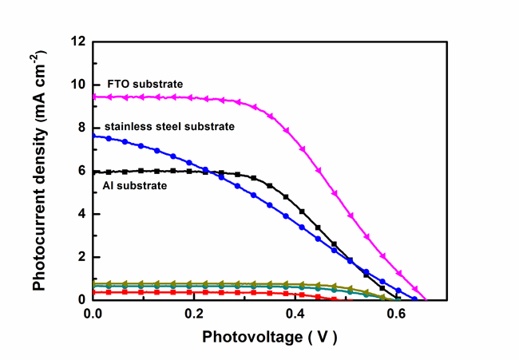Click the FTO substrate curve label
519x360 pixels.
[x=145, y=84]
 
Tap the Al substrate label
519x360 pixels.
[x=135, y=185]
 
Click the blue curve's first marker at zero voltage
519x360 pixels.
[x=94, y=136]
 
